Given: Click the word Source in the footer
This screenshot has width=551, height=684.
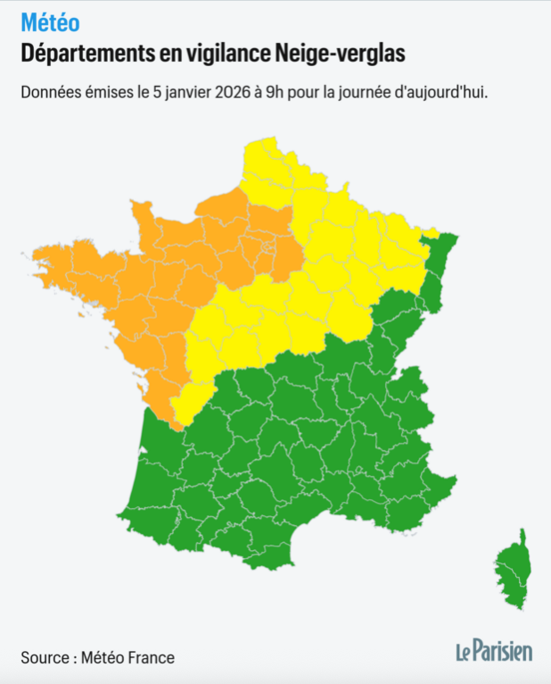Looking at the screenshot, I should [45, 658].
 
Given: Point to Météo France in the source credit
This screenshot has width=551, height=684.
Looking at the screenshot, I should [127, 658].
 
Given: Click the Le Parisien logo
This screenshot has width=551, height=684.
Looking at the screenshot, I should [495, 651].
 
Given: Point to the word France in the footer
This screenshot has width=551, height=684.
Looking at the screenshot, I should [151, 658].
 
